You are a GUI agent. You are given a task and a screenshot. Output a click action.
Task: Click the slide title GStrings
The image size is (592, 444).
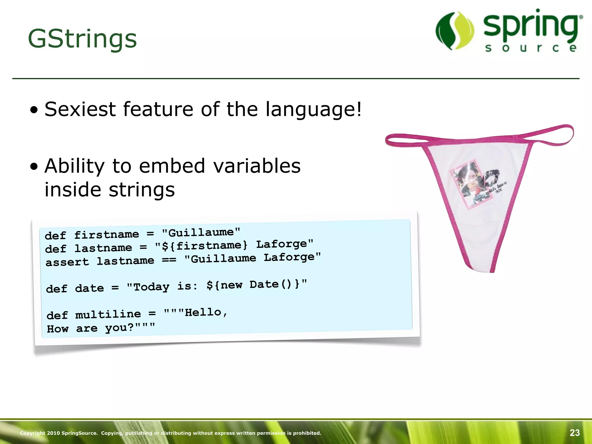click(82, 39)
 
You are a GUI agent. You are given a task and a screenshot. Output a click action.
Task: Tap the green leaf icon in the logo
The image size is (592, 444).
click(455, 30)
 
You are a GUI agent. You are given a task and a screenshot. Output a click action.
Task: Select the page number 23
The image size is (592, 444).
click(575, 433)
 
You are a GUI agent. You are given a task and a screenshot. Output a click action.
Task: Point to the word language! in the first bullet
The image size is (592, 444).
click(313, 110)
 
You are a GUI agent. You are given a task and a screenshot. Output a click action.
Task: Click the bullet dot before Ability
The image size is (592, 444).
click(34, 167)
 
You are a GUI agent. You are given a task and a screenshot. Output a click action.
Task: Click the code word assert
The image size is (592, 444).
click(67, 262)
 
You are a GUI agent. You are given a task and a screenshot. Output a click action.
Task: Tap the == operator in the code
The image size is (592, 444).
click(169, 260)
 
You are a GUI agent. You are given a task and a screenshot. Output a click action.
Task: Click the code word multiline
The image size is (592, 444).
click(108, 314)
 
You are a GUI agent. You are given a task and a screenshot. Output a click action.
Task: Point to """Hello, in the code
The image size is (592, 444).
click(196, 312)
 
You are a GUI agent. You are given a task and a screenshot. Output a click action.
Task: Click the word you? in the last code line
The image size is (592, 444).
click(119, 328)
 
